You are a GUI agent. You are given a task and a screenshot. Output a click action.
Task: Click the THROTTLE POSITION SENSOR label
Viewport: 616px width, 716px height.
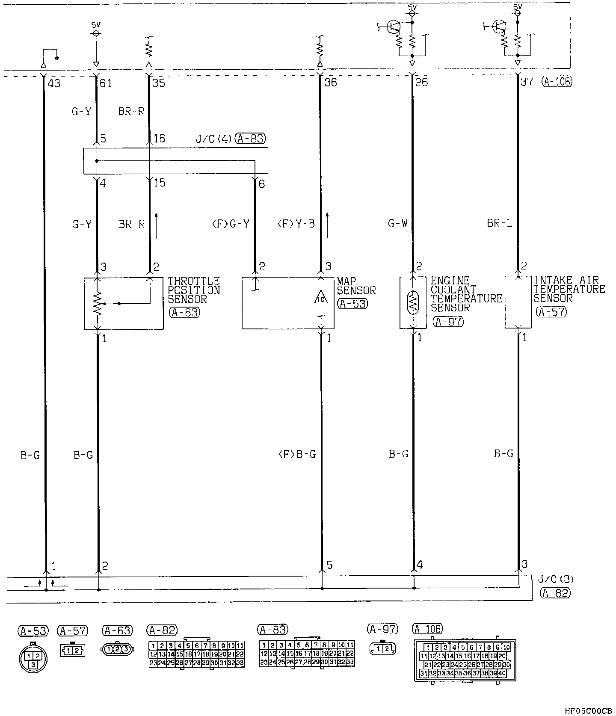coord(193,290)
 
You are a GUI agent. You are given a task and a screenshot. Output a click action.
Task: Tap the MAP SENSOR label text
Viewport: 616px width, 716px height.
coord(356,286)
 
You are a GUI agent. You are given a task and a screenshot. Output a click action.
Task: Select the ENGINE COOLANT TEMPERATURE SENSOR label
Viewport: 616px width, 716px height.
coord(465,294)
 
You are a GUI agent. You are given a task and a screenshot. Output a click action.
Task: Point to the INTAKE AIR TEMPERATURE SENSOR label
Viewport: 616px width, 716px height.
coord(569,289)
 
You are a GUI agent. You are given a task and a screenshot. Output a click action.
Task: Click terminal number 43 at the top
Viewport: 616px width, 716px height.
coord(54,83)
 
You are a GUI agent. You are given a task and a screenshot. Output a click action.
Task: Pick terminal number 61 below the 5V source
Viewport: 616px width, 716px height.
coord(105,83)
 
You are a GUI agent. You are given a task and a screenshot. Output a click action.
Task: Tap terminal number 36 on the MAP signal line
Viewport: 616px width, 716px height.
coord(331,82)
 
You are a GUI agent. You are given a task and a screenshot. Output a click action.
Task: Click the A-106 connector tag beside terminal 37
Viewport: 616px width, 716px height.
coord(556,81)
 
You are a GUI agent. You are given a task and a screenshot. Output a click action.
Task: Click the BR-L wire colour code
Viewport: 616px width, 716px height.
coord(499,223)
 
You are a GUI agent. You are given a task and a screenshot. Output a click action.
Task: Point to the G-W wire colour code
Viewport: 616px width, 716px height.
coord(398,223)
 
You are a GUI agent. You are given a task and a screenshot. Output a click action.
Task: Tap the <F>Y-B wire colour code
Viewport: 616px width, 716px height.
coord(296,223)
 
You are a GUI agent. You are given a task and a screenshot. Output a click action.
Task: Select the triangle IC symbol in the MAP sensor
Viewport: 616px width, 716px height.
coord(321,297)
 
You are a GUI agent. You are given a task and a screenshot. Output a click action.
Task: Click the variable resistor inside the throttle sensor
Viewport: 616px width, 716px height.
coord(98,303)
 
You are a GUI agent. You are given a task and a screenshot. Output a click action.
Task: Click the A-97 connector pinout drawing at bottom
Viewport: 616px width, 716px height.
coord(383,649)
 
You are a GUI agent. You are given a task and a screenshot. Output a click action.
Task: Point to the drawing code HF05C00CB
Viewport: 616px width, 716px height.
coord(588,711)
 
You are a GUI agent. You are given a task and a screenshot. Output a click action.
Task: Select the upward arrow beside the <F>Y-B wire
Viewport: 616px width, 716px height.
coord(327,225)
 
